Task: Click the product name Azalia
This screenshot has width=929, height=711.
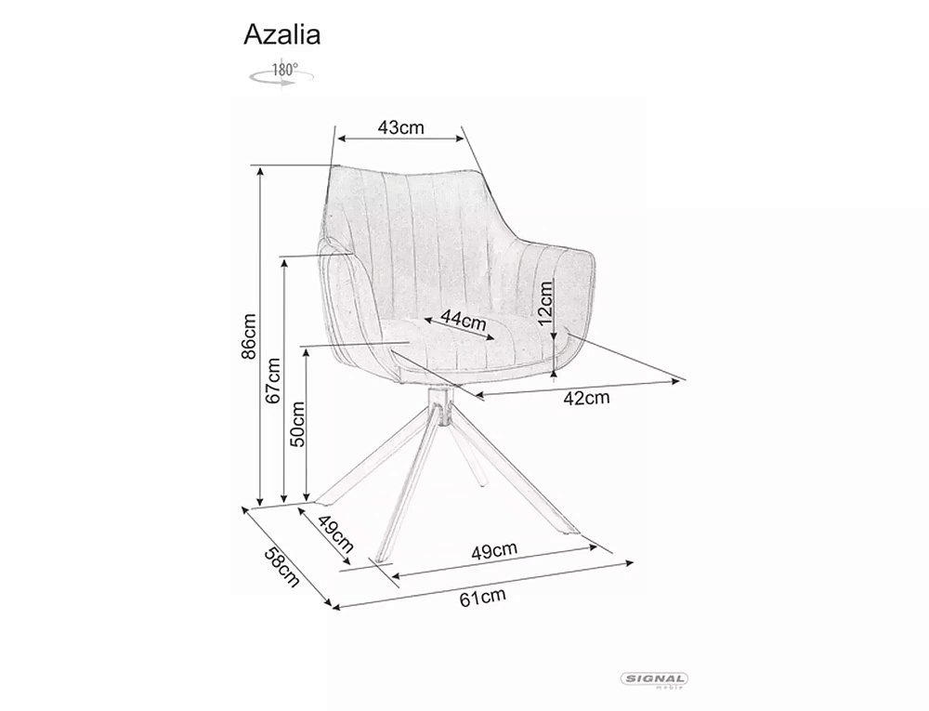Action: pyautogui.click(x=282, y=34)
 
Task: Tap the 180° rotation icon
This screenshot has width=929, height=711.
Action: pyautogui.click(x=281, y=74)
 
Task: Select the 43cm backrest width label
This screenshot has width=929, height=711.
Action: pyautogui.click(x=401, y=126)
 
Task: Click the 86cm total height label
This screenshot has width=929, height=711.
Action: pyautogui.click(x=248, y=336)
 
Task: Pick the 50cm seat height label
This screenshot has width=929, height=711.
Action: pyautogui.click(x=297, y=424)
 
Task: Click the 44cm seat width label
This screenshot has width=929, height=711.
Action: pyautogui.click(x=464, y=322)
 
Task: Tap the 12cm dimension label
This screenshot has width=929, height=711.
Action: pyautogui.click(x=545, y=301)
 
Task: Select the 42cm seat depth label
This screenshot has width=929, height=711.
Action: pyautogui.click(x=586, y=398)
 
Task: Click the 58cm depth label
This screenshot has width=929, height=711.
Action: pyautogui.click(x=281, y=567)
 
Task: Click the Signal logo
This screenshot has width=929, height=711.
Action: pyautogui.click(x=653, y=680)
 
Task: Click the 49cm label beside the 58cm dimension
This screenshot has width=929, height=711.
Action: pyautogui.click(x=335, y=533)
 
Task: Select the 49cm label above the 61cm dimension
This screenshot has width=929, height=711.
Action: pyautogui.click(x=494, y=551)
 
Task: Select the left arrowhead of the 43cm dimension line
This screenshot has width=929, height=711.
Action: pyautogui.click(x=342, y=138)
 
